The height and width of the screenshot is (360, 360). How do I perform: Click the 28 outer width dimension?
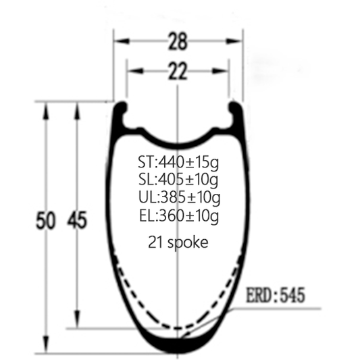pyautogui.click(x=178, y=42)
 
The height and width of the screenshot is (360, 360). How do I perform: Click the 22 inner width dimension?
pyautogui.click(x=177, y=71)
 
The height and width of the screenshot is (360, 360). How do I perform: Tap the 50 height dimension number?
pyautogui.click(x=46, y=220)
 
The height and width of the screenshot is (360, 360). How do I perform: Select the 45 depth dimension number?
pyautogui.click(x=77, y=220)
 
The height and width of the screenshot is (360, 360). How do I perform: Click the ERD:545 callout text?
pyautogui.click(x=276, y=295)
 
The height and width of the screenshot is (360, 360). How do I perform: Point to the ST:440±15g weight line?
pyautogui.click(x=178, y=163)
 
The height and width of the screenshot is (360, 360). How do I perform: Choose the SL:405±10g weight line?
pyautogui.click(x=178, y=180)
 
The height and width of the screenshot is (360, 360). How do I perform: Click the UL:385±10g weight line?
pyautogui.click(x=179, y=198)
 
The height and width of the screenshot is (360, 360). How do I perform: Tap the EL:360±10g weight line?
pyautogui.click(x=179, y=216)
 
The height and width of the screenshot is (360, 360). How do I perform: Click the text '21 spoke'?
pyautogui.click(x=178, y=242)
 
